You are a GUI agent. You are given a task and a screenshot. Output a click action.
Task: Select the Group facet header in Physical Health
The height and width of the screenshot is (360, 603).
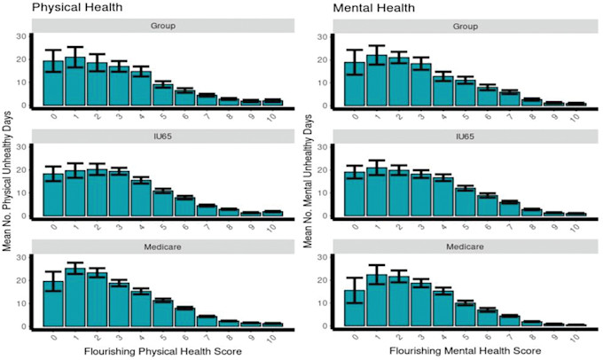coord(161,26)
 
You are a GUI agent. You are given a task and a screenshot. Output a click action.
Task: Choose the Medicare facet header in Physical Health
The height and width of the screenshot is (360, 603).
coord(161,245)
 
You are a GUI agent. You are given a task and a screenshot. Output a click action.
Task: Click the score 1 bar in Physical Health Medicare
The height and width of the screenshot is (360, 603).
coord(74,296)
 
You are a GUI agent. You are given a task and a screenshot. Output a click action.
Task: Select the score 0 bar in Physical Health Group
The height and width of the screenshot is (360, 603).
coord(53,84)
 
